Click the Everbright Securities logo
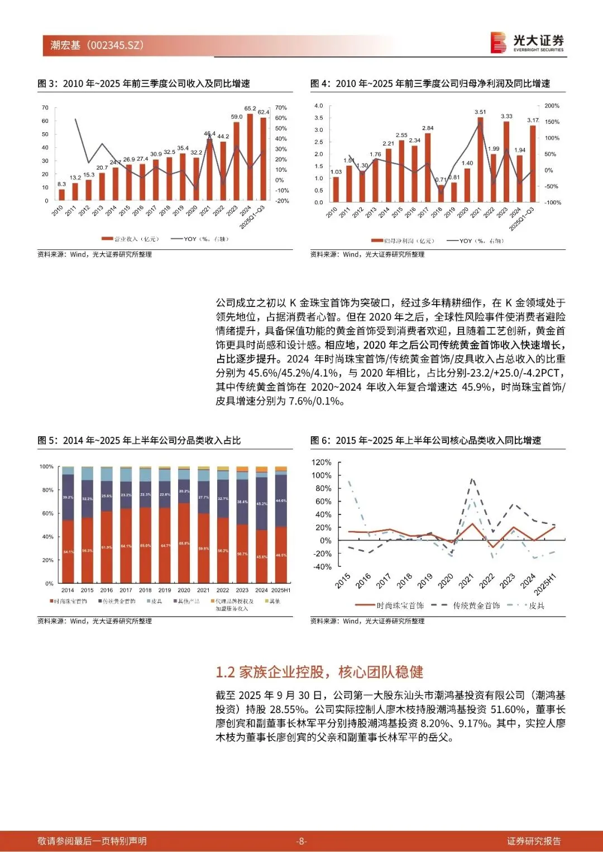click(527, 42)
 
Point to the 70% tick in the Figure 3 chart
click(281, 108)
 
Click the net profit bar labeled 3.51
click(480, 160)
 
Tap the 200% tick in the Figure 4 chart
click(552, 105)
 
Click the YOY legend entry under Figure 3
click(200, 239)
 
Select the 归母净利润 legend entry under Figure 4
click(403, 240)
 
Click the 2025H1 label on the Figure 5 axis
click(281, 590)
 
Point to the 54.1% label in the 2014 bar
click(68, 552)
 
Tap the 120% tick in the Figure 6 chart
click(322, 463)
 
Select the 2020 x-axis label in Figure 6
click(445, 581)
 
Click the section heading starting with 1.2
click(319, 672)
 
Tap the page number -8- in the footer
click(301, 841)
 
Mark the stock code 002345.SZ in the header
click(117, 45)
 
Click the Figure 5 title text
click(139, 441)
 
